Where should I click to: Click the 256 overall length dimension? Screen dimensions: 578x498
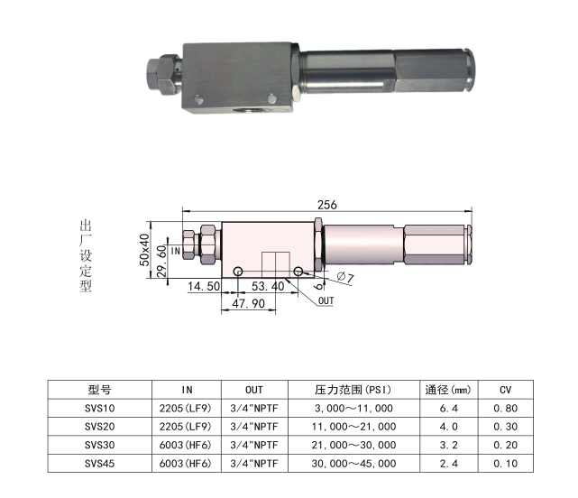pyautogui.click(x=327, y=205)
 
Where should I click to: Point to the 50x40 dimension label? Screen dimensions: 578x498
pyautogui.click(x=144, y=250)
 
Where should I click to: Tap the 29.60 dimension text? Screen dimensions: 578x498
pyautogui.click(x=161, y=262)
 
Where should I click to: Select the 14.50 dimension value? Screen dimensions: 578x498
pyautogui.click(x=204, y=286)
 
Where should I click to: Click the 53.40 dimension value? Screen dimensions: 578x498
pyautogui.click(x=268, y=286)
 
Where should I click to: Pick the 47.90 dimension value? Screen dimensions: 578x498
pyautogui.click(x=249, y=304)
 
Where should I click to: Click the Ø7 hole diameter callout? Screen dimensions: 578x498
pyautogui.click(x=345, y=277)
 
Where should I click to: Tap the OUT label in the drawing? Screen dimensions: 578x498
pyautogui.click(x=326, y=301)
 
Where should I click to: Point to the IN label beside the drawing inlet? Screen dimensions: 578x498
pyautogui.click(x=176, y=251)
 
